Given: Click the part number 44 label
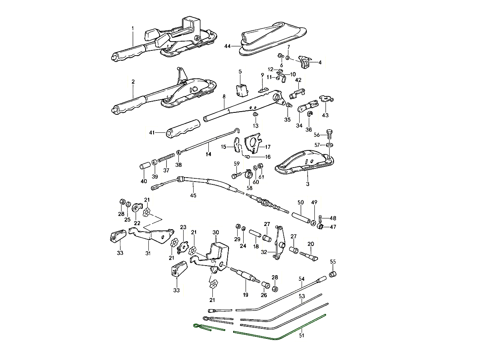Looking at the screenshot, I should pos(228,47).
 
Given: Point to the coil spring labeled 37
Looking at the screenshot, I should pos(166,160).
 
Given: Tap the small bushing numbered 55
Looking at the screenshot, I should pos(332,274).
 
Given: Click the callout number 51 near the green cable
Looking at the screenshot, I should pos(301,336).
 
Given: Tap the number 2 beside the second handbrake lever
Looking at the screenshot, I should pos(133,82).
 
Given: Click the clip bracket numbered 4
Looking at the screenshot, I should pos(306,63).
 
